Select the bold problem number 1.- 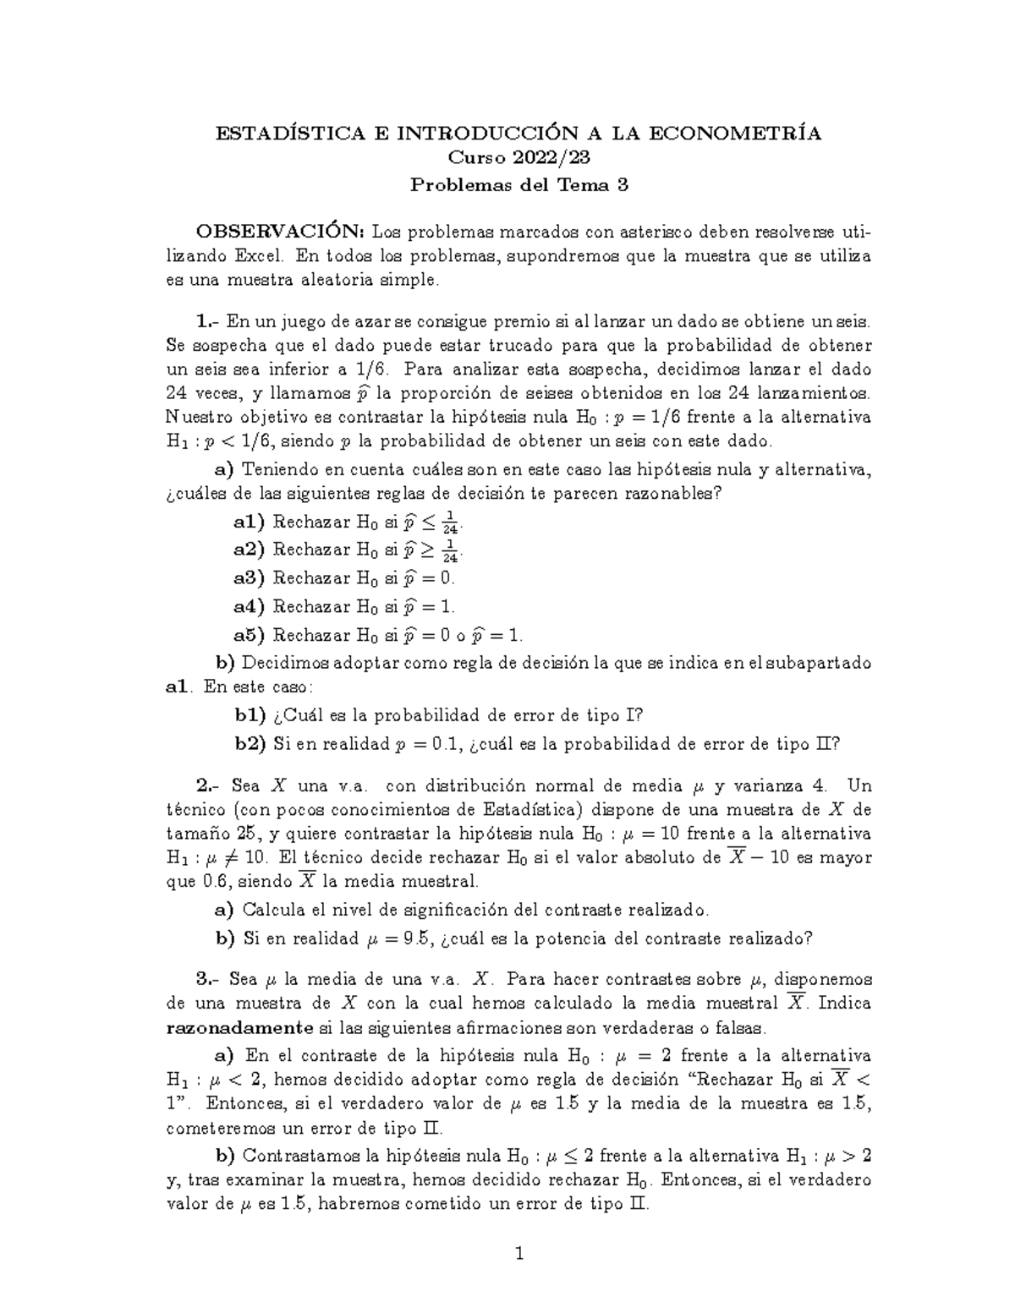pos(208,321)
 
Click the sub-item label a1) pos(250,522)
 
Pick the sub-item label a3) pos(250,578)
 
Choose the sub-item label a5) pos(250,635)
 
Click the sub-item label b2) pos(250,744)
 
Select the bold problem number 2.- pos(208,786)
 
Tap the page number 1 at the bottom pos(519,1253)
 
